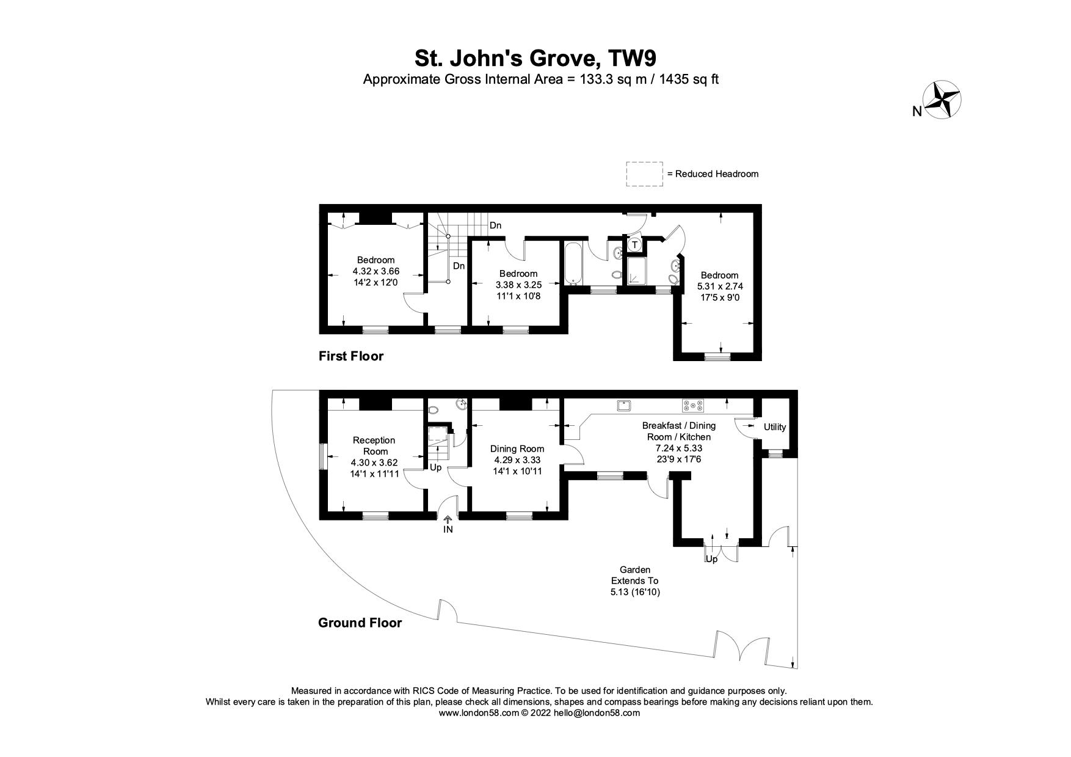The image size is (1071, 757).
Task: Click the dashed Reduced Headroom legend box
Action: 644,174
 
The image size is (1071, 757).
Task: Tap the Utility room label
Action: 775,427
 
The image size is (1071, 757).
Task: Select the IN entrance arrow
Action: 448,521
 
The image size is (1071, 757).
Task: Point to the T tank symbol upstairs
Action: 635,245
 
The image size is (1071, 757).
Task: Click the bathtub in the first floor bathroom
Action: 573,264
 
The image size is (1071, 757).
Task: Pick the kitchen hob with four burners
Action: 693,405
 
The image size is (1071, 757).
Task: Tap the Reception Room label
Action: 375,445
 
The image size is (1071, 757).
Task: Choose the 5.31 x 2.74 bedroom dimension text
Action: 720,286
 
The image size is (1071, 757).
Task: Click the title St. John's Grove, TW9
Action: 535,59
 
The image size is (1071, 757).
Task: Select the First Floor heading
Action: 351,356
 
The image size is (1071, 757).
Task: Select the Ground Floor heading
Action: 360,623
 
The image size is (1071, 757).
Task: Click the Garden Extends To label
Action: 636,575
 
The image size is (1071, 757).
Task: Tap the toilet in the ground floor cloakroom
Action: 433,410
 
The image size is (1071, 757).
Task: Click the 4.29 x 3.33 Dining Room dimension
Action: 517,460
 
